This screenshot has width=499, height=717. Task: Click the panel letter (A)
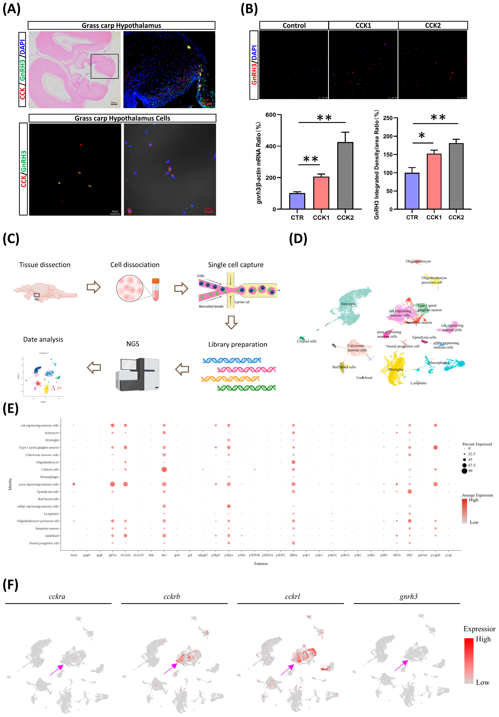[x=12, y=9]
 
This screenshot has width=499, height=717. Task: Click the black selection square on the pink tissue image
[x=105, y=66]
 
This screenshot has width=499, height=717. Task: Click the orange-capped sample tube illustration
[x=156, y=290]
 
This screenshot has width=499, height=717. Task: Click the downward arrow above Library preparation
[x=231, y=322]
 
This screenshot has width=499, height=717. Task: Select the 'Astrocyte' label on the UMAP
[x=348, y=304]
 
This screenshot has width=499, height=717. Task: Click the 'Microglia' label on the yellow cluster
[x=395, y=369]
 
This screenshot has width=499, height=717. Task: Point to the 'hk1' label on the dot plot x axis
[x=164, y=555]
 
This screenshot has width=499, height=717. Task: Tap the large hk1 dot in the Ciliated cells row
[x=164, y=469]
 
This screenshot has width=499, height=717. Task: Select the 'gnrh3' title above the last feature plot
[x=408, y=597]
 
